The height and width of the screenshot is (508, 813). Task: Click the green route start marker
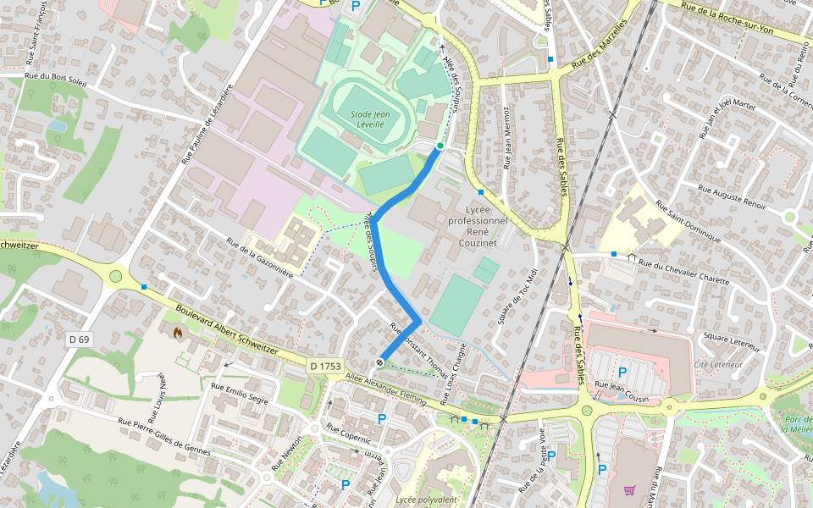[x=440, y=146]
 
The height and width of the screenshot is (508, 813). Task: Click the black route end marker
[x=379, y=362]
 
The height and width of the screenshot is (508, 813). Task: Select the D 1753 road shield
[x=325, y=366]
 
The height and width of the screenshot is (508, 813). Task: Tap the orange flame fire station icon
[x=177, y=333]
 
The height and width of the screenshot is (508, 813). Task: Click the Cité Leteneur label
[x=718, y=364]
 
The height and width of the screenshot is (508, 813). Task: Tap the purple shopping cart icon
[x=629, y=490]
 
